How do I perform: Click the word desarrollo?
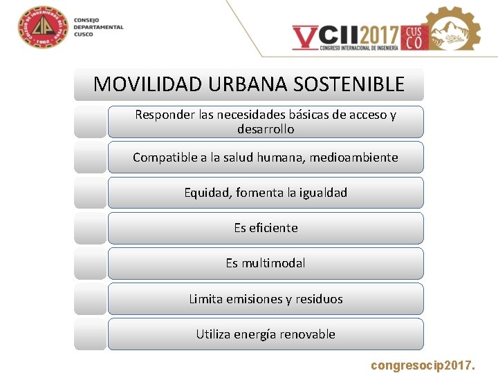(x=266, y=129)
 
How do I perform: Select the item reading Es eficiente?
(x=266, y=228)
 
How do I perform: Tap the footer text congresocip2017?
(x=423, y=363)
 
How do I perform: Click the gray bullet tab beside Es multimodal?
(x=90, y=263)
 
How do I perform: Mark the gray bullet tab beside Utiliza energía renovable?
(x=90, y=334)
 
